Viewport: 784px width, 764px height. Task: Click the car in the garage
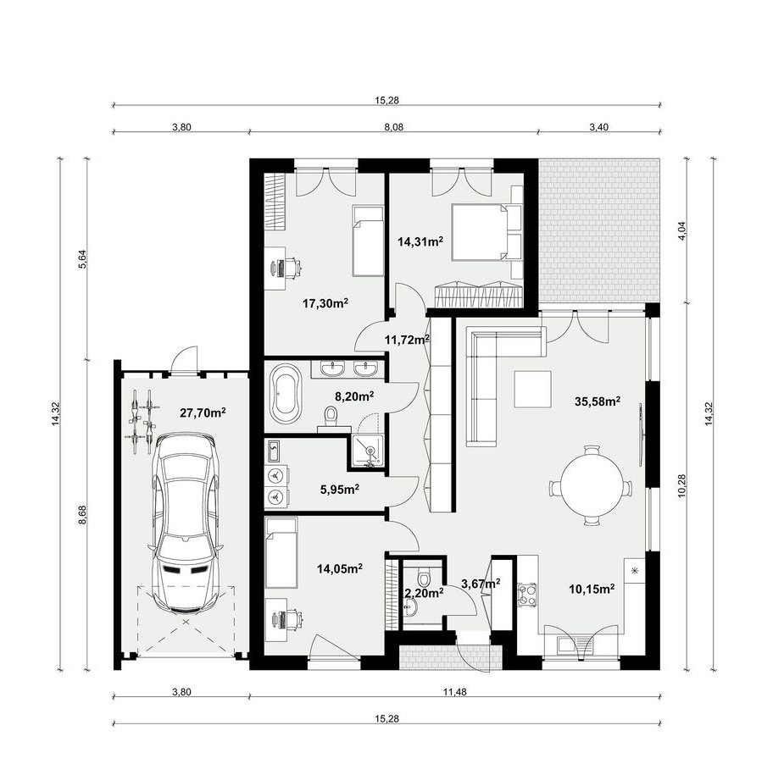click(186, 522)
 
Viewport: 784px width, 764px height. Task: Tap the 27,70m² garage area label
click(203, 412)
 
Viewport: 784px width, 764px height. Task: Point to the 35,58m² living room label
click(598, 401)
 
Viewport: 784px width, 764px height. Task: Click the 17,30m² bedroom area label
click(325, 303)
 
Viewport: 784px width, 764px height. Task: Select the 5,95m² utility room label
click(340, 490)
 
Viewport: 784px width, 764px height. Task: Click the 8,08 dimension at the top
click(393, 127)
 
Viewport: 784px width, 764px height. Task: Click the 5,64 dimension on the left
click(83, 259)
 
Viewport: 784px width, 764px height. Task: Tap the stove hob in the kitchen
click(527, 595)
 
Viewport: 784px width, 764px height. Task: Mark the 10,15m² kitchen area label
click(592, 590)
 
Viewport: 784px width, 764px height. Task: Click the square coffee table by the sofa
click(532, 390)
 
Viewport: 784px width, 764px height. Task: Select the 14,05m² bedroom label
click(340, 568)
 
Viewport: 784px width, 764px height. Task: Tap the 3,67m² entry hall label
click(481, 584)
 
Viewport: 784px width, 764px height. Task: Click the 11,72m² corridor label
click(407, 340)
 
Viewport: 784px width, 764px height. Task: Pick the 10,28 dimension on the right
click(682, 485)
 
